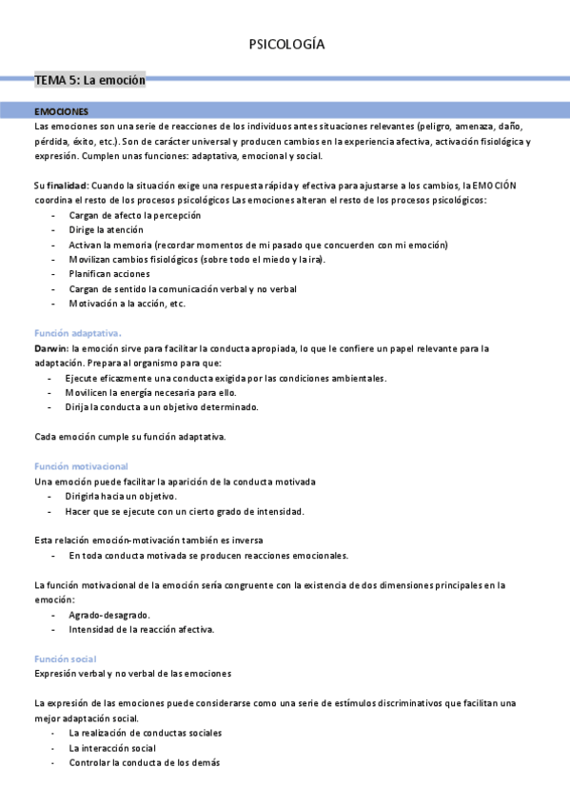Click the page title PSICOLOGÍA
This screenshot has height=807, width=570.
pos(285,45)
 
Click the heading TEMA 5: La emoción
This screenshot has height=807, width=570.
pos(89,81)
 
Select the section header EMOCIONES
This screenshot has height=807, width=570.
pos(61,111)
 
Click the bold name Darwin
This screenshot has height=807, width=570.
pos(50,348)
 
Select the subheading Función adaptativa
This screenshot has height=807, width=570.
pos(77,333)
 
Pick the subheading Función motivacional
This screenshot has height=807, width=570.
pos(81,466)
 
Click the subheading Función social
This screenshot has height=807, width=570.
pos(65,659)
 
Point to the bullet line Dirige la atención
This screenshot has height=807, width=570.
pos(107,229)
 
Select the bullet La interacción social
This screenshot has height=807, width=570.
pos(113,748)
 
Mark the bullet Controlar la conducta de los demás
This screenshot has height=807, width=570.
pos(145,763)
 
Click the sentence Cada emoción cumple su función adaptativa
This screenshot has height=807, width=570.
pos(129,437)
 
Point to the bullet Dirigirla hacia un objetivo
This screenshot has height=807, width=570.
pos(123,496)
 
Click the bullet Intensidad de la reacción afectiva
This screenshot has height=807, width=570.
pos(142,630)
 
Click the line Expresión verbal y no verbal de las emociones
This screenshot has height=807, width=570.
pos(132,674)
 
